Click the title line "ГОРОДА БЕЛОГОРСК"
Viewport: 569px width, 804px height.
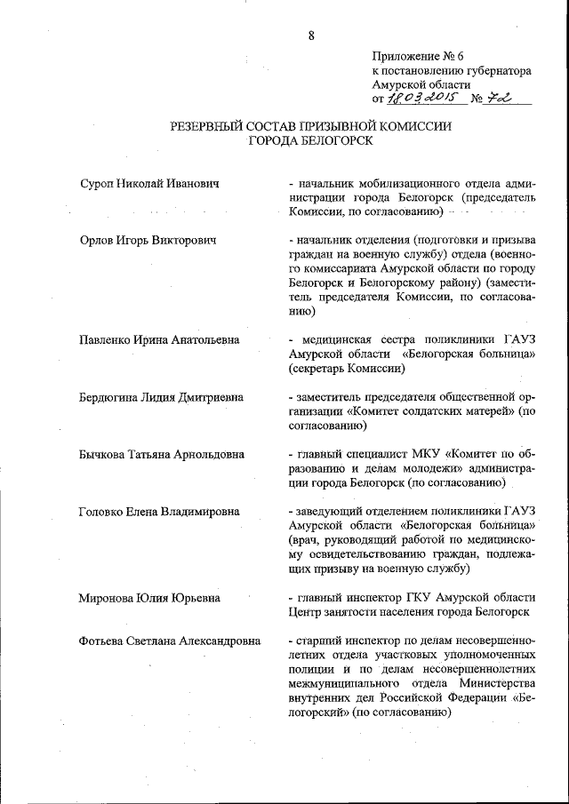click(x=311, y=140)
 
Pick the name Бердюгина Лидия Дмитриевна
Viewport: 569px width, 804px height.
click(x=161, y=397)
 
